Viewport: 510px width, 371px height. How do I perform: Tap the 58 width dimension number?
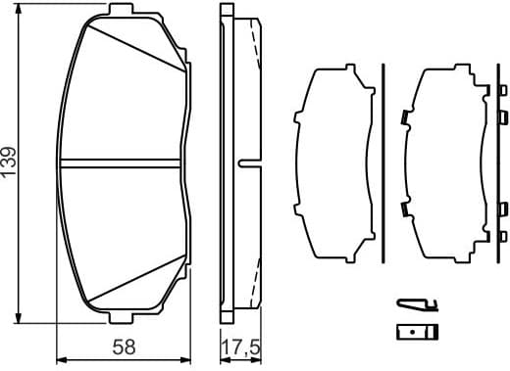tap(123, 347)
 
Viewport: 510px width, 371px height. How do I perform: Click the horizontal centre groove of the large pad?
tap(122, 161)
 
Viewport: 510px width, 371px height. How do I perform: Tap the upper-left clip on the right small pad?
tap(404, 119)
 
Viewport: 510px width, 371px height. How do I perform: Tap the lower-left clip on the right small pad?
tap(404, 208)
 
